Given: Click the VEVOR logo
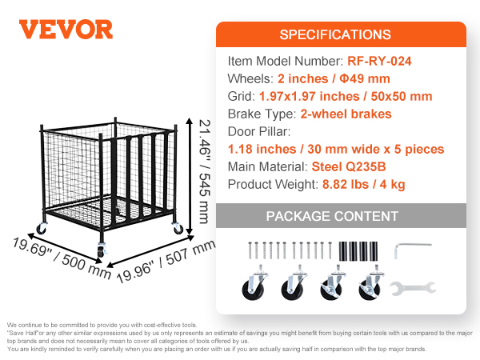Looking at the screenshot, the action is pyautogui.click(x=66, y=30).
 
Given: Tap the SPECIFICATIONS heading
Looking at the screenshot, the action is pyautogui.click(x=335, y=34).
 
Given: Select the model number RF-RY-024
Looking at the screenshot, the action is pyautogui.click(x=379, y=61).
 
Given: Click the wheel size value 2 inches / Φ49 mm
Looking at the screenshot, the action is pyautogui.click(x=334, y=78).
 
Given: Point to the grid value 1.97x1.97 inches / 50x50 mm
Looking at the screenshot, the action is pyautogui.click(x=346, y=97).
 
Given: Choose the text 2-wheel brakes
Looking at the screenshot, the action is pyautogui.click(x=346, y=114).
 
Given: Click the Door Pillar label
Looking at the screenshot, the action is pyautogui.click(x=259, y=132).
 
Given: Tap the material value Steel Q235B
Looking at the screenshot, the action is pyautogui.click(x=349, y=167).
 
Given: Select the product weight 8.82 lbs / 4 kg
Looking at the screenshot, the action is pyautogui.click(x=364, y=185).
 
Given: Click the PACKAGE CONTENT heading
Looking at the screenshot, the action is pyautogui.click(x=332, y=216).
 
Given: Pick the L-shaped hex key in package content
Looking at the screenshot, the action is pyautogui.click(x=413, y=250).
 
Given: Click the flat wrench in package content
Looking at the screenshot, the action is pyautogui.click(x=413, y=288).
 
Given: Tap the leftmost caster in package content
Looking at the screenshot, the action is pyautogui.click(x=254, y=283).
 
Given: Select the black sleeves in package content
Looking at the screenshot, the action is pyautogui.click(x=358, y=251).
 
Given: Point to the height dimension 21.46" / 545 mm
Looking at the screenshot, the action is pyautogui.click(x=205, y=172).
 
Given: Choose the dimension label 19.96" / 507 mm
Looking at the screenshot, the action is pyautogui.click(x=166, y=261).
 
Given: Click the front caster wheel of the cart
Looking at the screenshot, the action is pyautogui.click(x=102, y=250).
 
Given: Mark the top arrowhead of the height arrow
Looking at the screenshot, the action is pyautogui.click(x=190, y=121).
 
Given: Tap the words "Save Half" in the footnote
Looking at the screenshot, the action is pyautogui.click(x=22, y=333).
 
